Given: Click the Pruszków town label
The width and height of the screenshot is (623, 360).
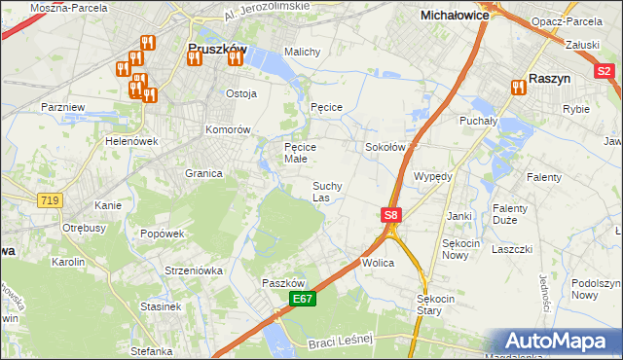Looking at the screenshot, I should point(216,46).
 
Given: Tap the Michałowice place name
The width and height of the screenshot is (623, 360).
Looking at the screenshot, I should point(453,16).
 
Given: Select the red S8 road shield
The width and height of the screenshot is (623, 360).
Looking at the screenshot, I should point(390,215).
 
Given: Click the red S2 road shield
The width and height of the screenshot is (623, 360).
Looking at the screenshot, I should point(604,70).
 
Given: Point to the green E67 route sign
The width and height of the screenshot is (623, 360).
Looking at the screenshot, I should point(303,299).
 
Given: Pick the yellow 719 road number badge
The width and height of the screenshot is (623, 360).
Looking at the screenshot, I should point(49,199).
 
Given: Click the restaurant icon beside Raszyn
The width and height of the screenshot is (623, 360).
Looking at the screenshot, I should point(516,89).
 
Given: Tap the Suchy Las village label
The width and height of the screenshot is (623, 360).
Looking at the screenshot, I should point(326,192).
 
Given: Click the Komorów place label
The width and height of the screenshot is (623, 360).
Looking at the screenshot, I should point(229,129).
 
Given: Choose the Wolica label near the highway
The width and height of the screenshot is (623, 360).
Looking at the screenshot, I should point(377,264).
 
